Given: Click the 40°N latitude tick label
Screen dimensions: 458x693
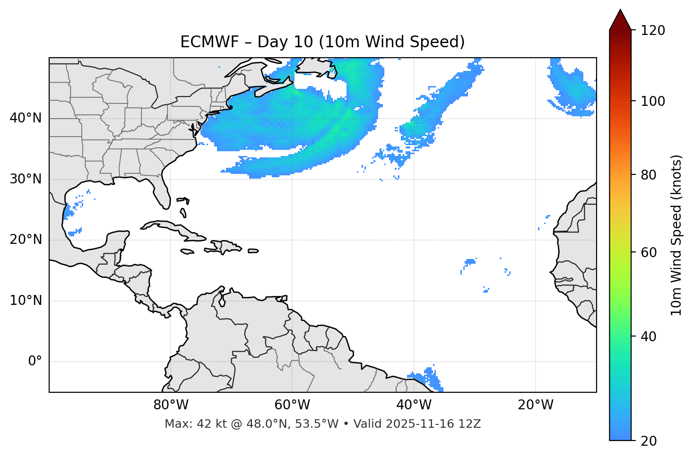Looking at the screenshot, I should pos(26,118).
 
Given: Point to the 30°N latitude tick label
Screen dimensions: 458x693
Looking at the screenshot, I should pos(26,179).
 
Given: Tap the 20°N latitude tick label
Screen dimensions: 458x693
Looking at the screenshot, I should pos(26,240).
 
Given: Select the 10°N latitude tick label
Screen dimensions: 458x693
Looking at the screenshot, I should pos(26,301).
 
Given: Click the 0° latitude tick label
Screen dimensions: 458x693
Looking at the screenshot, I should pos(35,362).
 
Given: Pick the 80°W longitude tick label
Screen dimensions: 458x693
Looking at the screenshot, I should pos(171,405).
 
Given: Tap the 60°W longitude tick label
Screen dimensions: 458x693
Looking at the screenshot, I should pos(292,405).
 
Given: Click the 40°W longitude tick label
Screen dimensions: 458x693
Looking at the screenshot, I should pos(414,405).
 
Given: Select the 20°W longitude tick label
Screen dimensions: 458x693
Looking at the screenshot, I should pos(536,405).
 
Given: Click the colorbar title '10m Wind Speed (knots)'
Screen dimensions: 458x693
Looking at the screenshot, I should pos(676,235).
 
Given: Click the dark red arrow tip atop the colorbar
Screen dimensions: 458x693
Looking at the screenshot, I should pos(620,18).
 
